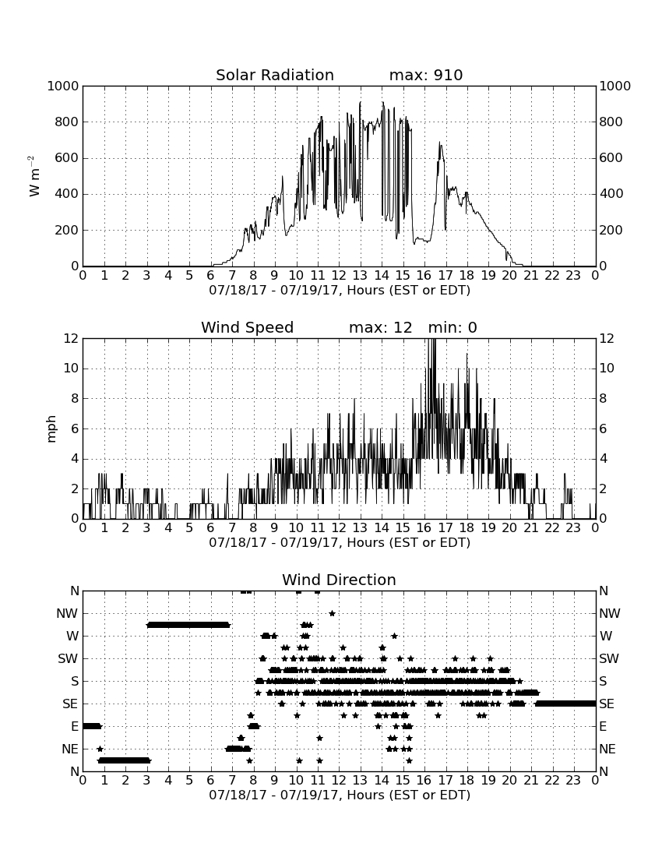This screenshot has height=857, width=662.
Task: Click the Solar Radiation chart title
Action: coord(275,75)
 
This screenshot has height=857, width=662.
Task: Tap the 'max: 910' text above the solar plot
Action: coord(426,75)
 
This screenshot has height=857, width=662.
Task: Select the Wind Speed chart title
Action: coord(248,327)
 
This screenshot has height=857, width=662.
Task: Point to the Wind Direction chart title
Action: coord(339,580)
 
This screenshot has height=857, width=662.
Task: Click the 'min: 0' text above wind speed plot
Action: coord(452,327)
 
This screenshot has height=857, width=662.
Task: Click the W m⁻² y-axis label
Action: coord(33,176)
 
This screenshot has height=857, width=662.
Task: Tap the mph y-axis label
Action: coord(51,429)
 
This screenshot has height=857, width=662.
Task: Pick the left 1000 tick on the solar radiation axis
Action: coord(63,86)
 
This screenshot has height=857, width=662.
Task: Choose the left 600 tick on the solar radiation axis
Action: coord(67,158)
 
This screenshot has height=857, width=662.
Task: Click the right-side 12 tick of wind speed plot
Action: coord(606,339)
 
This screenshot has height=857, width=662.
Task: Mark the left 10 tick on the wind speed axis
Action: coord(72,369)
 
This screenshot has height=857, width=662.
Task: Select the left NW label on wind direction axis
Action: coord(67,614)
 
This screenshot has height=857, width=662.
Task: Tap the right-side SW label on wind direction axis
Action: coord(609,658)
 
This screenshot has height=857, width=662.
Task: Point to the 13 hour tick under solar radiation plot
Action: coord(360,276)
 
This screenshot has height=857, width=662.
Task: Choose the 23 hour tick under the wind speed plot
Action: coord(573,528)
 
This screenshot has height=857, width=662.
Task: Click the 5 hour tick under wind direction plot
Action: coord(189,780)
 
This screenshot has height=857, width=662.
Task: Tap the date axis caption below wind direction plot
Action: coord(340,795)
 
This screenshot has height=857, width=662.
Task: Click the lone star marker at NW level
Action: coord(332,613)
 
